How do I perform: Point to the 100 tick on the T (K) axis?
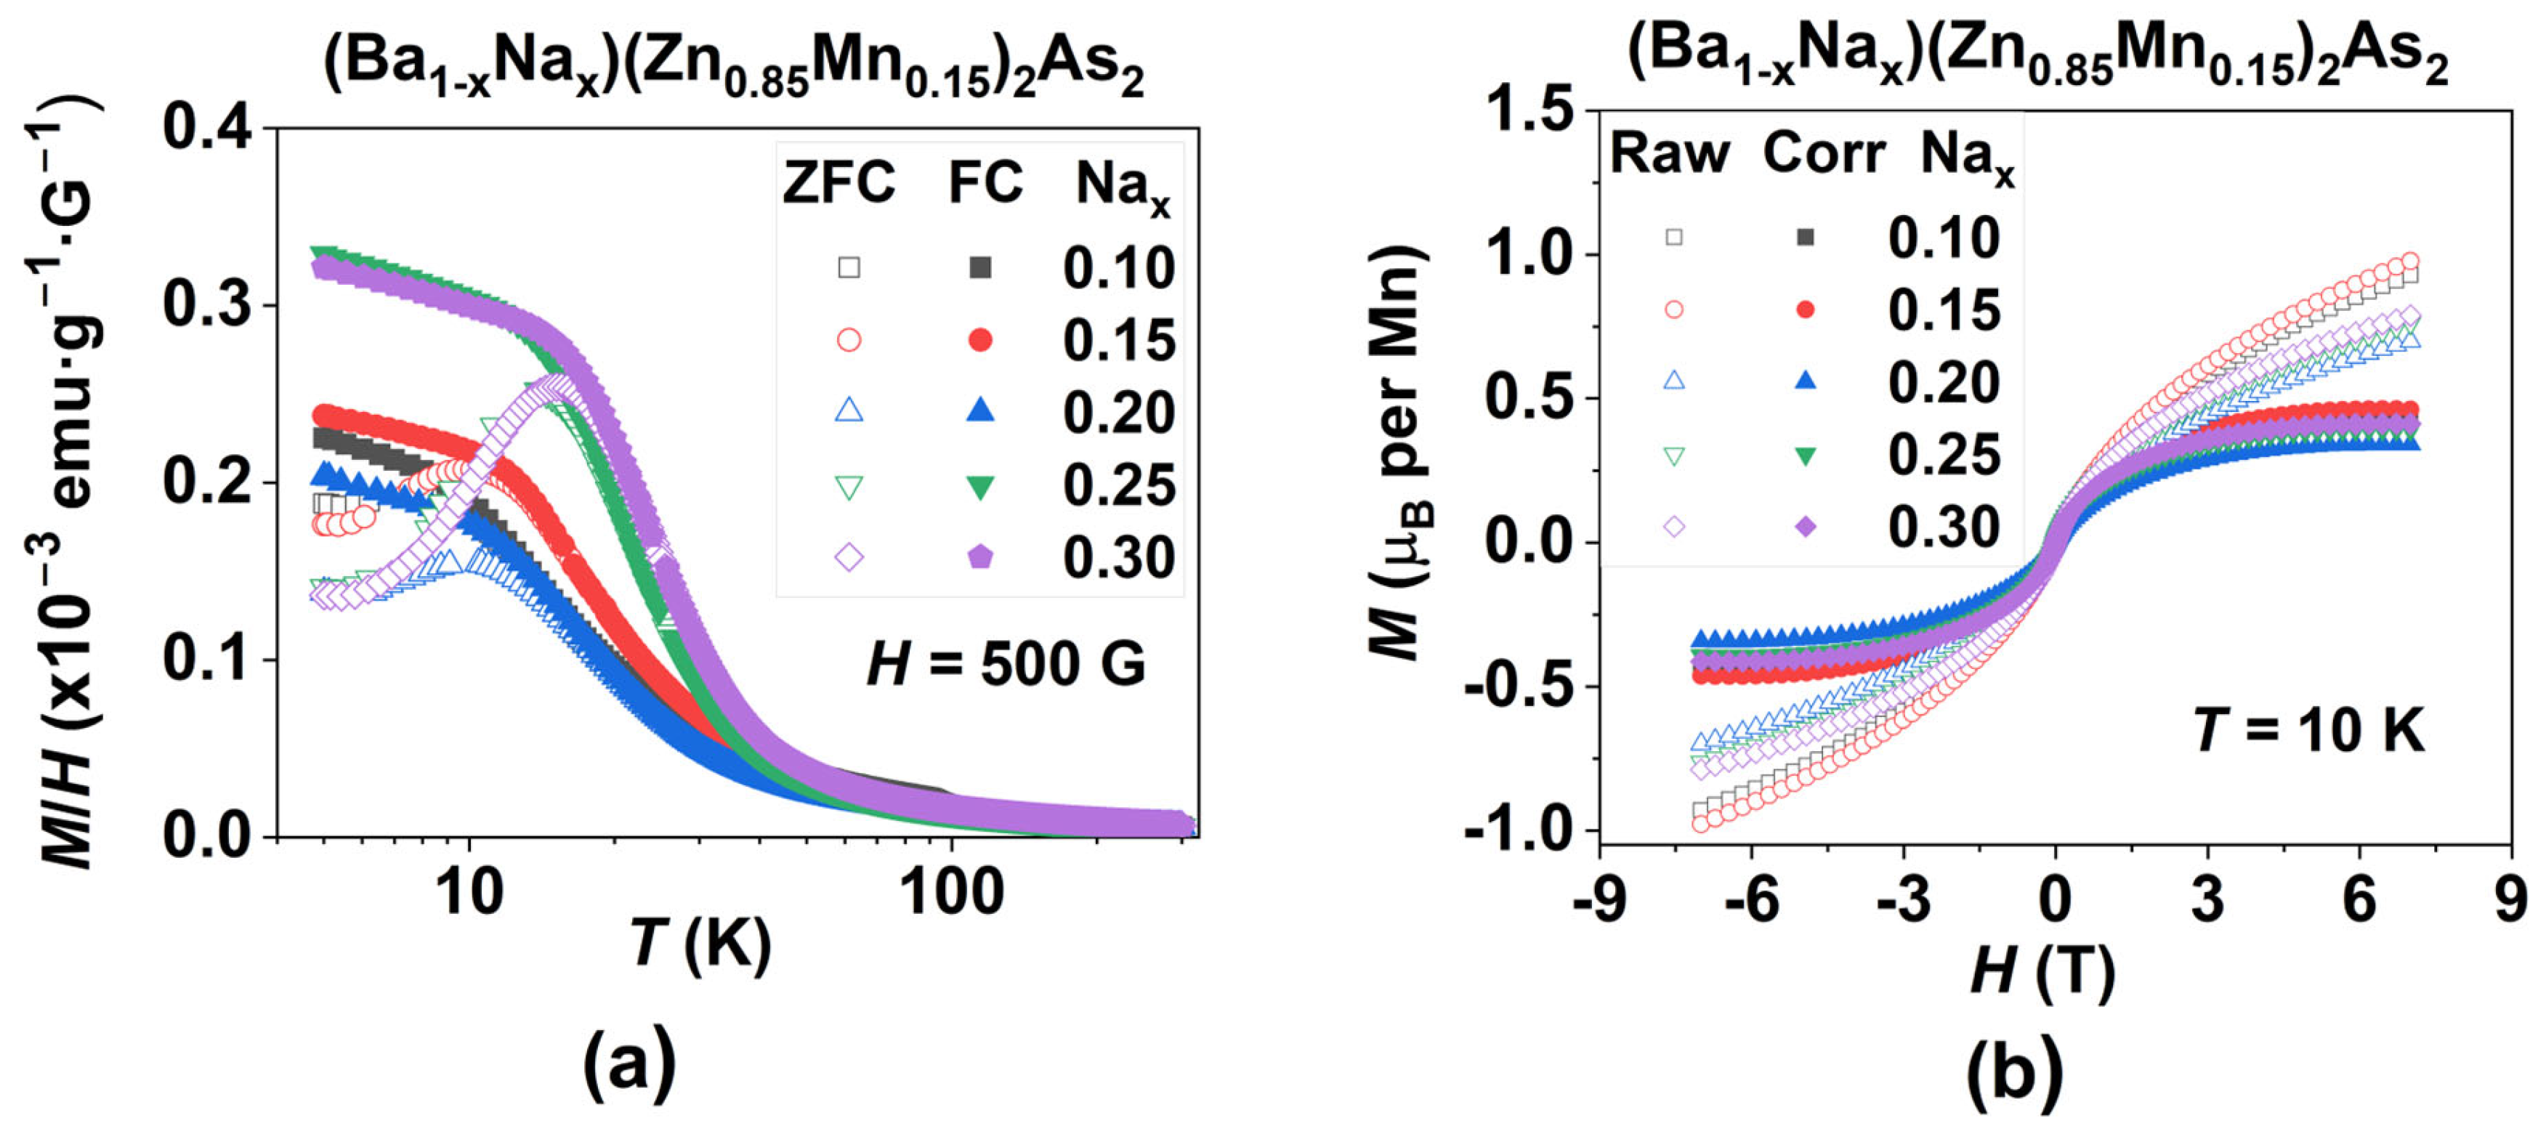951,891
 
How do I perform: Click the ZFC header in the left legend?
838,183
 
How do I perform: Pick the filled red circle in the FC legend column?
979,340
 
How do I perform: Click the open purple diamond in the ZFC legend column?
849,558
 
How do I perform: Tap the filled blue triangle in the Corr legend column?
1805,381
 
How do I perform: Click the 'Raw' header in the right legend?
1669,154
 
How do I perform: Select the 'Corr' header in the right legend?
1824,154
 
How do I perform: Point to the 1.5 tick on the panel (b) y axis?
1531,109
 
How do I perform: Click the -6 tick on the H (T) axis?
1751,899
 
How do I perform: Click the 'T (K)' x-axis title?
700,944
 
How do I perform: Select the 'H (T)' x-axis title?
2042,972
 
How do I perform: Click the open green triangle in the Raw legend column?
1673,455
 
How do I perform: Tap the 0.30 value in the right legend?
1943,528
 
